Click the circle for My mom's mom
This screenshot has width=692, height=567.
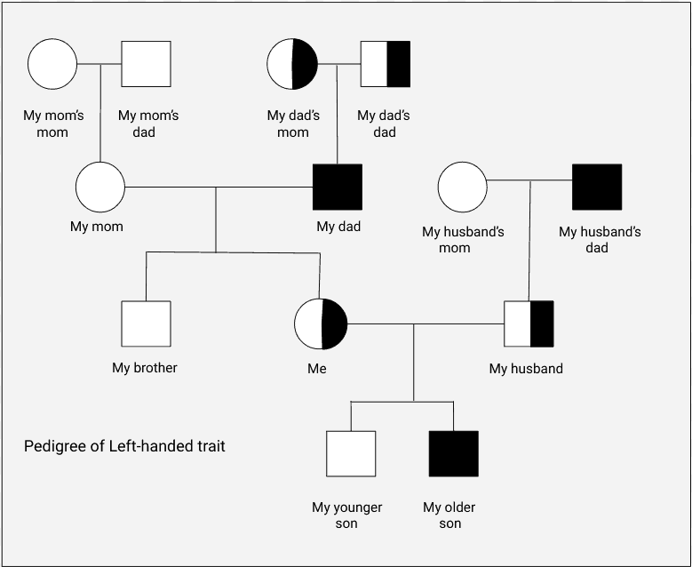click(x=52, y=64)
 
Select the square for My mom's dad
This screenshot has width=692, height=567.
click(x=146, y=64)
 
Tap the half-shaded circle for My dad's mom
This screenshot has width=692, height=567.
click(x=292, y=64)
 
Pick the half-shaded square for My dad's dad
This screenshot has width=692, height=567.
click(x=386, y=64)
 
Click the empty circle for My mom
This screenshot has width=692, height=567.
click(x=99, y=188)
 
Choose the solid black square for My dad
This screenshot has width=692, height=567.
click(x=338, y=188)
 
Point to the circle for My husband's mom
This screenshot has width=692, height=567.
click(x=463, y=188)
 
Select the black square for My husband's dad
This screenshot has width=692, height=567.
click(x=597, y=188)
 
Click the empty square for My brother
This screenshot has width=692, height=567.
click(x=146, y=324)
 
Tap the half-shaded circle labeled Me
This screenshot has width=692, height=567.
click(x=320, y=324)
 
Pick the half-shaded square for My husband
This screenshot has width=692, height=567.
click(x=529, y=324)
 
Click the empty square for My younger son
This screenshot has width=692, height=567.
click(x=351, y=454)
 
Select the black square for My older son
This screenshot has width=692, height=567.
click(x=453, y=454)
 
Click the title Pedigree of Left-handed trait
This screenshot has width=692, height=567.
click(x=124, y=446)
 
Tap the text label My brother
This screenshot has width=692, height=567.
click(x=145, y=368)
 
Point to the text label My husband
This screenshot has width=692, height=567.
click(x=526, y=369)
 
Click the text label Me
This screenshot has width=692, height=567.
click(x=316, y=368)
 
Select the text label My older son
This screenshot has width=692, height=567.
click(x=449, y=515)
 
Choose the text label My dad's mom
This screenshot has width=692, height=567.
click(x=293, y=124)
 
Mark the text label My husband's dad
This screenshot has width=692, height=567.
click(x=600, y=240)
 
